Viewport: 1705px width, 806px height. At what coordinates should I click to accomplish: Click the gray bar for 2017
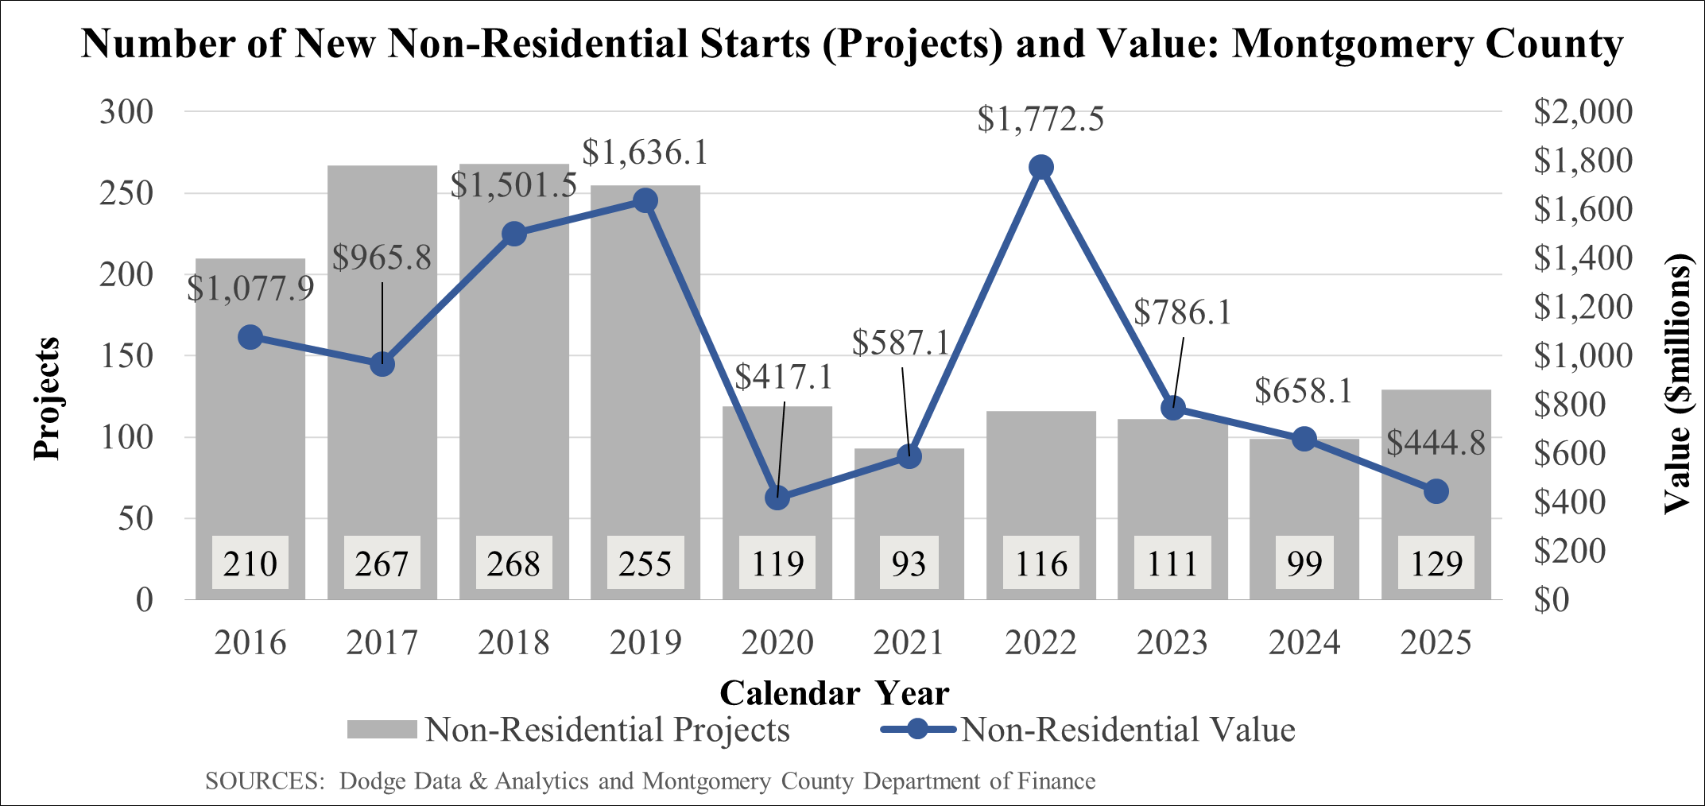point(382,445)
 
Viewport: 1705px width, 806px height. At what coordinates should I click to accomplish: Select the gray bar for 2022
point(1040,477)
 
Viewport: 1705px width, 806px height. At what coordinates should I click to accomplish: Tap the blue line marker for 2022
point(1040,167)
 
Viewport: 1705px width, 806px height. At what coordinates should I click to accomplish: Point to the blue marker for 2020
point(777,498)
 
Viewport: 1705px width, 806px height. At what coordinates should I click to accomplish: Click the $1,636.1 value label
point(645,153)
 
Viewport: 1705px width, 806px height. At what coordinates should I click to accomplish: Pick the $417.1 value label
point(783,377)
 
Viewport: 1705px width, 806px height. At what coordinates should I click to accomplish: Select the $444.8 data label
point(1436,443)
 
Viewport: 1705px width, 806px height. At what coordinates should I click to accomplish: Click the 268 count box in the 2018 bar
point(513,564)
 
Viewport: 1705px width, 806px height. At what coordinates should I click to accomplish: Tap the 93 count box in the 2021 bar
point(909,564)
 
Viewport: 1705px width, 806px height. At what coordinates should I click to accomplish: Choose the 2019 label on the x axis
point(645,642)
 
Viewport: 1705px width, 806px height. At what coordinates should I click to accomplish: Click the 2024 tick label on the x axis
point(1304,642)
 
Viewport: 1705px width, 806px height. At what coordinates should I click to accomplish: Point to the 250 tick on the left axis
point(126,193)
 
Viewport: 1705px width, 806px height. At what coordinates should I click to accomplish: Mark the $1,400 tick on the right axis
point(1582,258)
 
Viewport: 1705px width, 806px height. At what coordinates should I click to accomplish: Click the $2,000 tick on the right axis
point(1582,111)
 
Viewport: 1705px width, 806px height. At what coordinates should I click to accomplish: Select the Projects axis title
point(47,398)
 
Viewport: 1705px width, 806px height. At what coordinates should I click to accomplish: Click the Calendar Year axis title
point(834,693)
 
